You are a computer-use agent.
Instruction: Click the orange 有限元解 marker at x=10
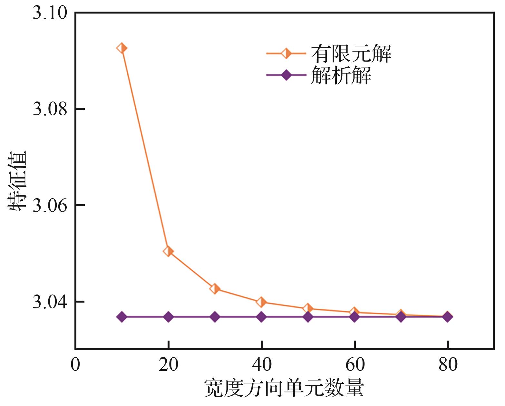click(121, 48)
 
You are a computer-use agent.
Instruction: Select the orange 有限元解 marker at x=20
click(168, 251)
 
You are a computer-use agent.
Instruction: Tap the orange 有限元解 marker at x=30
click(215, 289)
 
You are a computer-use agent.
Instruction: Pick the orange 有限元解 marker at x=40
click(261, 302)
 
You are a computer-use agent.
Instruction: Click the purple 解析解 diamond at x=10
click(121, 317)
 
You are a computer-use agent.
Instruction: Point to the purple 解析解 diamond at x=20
click(168, 317)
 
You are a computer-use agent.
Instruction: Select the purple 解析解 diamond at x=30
click(215, 317)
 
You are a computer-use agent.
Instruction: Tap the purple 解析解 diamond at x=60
click(354, 317)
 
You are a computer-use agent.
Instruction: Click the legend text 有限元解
click(351, 53)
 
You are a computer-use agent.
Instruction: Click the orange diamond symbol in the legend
click(286, 53)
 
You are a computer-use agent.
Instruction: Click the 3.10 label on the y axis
click(50, 14)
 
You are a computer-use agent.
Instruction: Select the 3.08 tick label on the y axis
click(50, 110)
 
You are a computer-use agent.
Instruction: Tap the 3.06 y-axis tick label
click(50, 206)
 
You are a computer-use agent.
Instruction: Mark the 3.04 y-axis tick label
click(50, 302)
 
